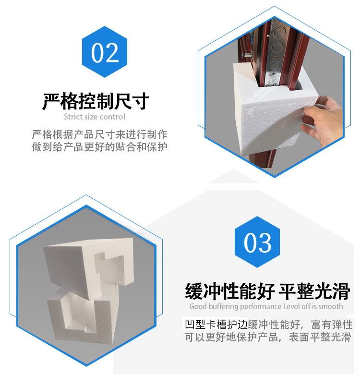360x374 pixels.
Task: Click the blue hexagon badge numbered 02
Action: [105, 52]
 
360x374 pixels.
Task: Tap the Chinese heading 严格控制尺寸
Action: [96, 101]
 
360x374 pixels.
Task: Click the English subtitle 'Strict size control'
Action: [95, 117]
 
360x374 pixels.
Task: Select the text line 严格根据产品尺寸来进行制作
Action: [100, 134]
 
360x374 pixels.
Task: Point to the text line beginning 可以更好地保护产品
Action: [268, 337]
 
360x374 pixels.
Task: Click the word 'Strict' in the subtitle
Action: [72, 117]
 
